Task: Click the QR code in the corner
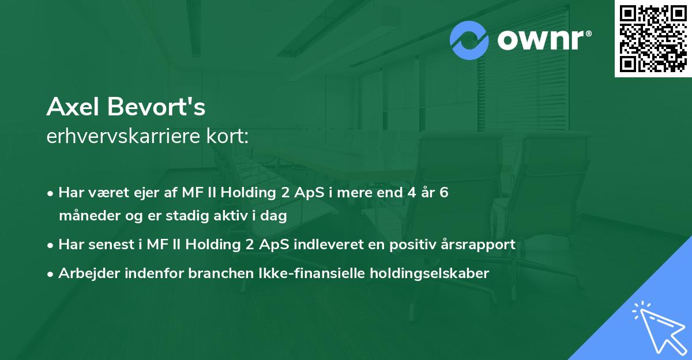(653, 38)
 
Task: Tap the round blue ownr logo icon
(469, 40)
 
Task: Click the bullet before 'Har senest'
(51, 245)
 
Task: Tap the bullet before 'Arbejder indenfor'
(51, 274)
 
